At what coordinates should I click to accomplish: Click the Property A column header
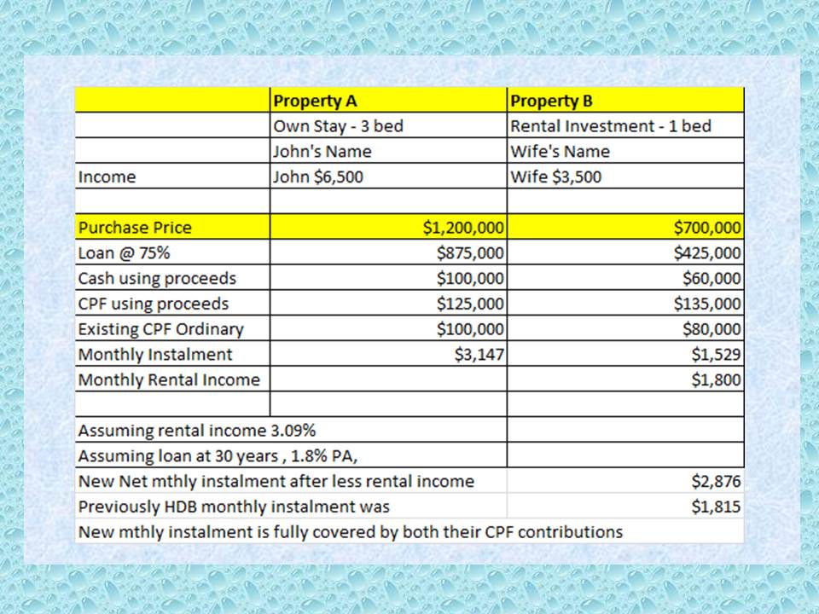point(315,101)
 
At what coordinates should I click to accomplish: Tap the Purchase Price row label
point(135,228)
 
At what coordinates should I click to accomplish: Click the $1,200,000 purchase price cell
point(463,228)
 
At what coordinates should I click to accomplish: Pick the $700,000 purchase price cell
point(706,228)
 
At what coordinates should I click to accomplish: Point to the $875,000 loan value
point(470,253)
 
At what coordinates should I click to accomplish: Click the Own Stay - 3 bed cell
point(338,126)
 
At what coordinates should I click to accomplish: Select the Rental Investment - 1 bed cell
point(611,126)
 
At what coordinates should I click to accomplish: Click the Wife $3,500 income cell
point(555,177)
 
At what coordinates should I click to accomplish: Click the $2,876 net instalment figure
point(715,481)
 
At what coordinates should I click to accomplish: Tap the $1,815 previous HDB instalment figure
point(715,507)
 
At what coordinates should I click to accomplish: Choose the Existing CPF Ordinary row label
point(160,329)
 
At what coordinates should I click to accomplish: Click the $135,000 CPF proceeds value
point(706,304)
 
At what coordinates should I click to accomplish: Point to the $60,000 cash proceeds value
point(711,278)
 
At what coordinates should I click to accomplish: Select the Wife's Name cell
point(560,152)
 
